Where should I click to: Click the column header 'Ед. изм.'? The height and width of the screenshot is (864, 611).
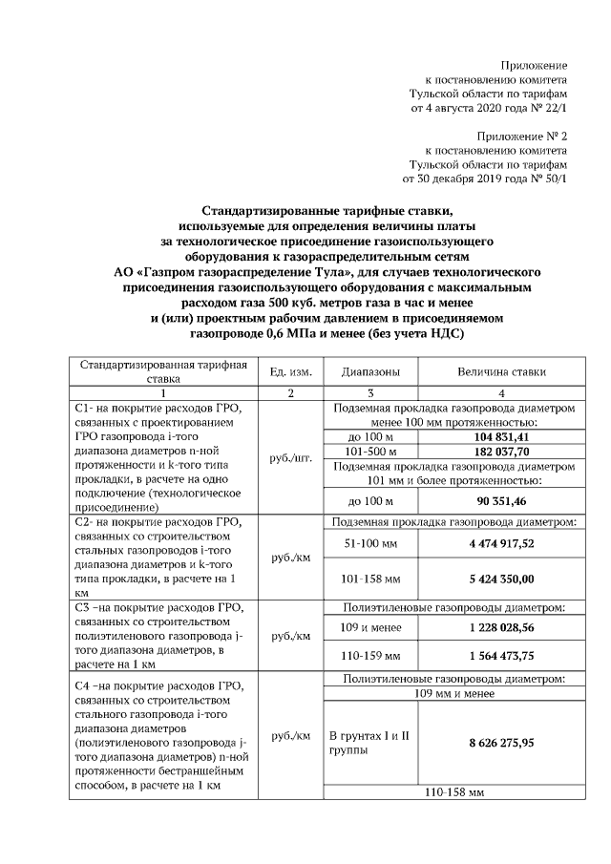(x=289, y=371)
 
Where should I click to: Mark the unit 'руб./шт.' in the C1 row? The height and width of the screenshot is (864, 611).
(x=290, y=457)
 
